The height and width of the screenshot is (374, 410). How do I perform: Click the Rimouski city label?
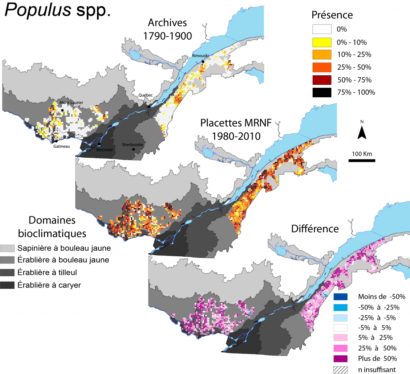pos(199,56)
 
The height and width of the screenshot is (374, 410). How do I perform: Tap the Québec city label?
pos(146,95)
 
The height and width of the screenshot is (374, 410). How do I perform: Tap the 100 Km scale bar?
pos(362,160)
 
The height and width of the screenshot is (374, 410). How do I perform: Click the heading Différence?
pos(315,229)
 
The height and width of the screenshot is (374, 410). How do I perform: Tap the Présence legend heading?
pos(332,15)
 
